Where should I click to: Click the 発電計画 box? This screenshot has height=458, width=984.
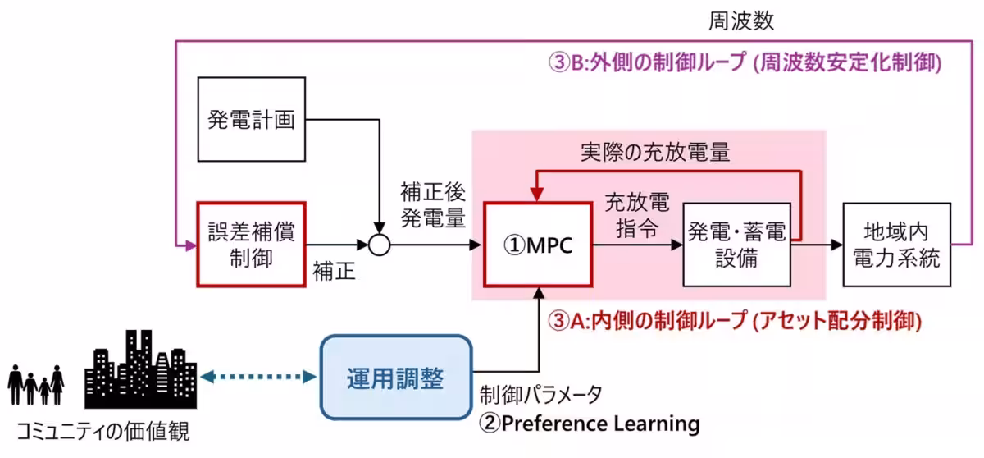252,119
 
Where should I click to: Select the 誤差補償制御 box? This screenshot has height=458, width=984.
251,244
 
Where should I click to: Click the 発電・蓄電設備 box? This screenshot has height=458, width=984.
736,244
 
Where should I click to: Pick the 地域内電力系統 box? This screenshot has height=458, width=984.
897,244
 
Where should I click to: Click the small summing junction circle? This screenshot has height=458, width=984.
378,245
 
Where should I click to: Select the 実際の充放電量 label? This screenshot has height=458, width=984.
654,152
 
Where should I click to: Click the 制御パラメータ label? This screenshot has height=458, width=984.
541,395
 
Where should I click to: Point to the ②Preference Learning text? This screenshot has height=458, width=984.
590,424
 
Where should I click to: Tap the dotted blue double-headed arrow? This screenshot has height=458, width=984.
259,377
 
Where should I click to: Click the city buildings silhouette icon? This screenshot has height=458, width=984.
139,369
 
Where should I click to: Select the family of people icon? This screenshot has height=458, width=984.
36,384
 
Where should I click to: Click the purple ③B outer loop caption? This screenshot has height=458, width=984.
745,62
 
